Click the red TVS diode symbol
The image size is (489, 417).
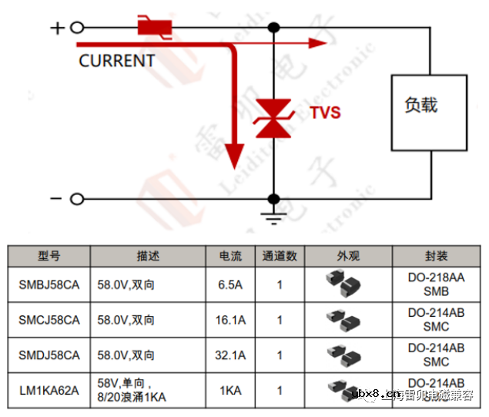click(x=273, y=119)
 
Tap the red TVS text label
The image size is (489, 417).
click(x=325, y=113)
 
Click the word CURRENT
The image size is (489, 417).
click(x=116, y=61)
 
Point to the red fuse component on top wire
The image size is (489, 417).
click(x=154, y=28)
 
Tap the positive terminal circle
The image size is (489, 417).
click(x=76, y=29)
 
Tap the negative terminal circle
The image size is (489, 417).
click(x=76, y=199)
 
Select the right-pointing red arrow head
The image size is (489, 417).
click(x=317, y=43)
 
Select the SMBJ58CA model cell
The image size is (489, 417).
click(x=49, y=284)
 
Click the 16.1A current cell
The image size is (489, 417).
click(x=230, y=320)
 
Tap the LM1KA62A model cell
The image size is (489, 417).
click(x=49, y=391)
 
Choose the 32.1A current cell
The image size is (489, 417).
click(x=230, y=355)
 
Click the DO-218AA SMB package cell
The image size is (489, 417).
click(x=436, y=284)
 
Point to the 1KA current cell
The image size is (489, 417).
click(x=230, y=391)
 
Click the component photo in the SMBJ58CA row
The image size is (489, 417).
click(x=343, y=284)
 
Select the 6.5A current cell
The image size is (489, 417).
click(x=230, y=284)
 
